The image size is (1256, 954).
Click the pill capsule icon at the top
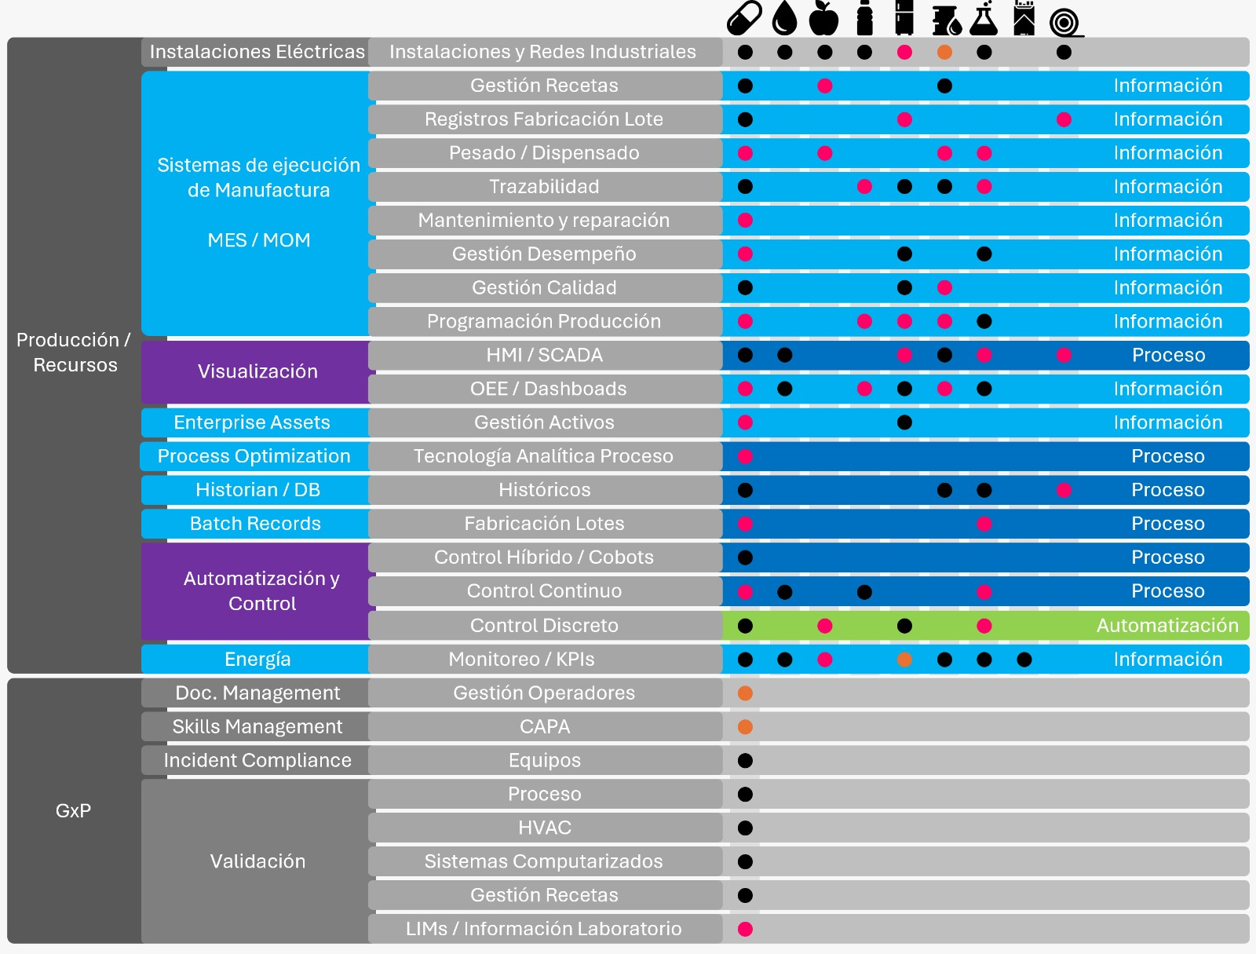(744, 18)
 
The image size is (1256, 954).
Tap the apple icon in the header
(824, 18)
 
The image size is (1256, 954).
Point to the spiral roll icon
(1065, 23)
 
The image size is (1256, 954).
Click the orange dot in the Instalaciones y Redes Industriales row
(944, 52)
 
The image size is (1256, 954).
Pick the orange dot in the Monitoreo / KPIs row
(904, 660)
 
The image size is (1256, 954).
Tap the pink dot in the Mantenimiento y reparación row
(745, 221)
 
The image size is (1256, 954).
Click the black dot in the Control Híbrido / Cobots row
(745, 557)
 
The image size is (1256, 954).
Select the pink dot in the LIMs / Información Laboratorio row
(745, 929)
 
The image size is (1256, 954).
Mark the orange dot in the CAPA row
(745, 727)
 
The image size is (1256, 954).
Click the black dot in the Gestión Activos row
(904, 422)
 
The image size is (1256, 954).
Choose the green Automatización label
(1167, 625)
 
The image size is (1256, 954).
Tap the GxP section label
(73, 810)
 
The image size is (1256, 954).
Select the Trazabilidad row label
(544, 187)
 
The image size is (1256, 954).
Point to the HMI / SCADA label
(544, 355)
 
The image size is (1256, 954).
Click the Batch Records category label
(255, 524)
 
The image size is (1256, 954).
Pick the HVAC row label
(544, 828)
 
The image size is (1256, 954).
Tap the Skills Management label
(257, 726)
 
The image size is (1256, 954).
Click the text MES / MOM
(258, 239)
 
